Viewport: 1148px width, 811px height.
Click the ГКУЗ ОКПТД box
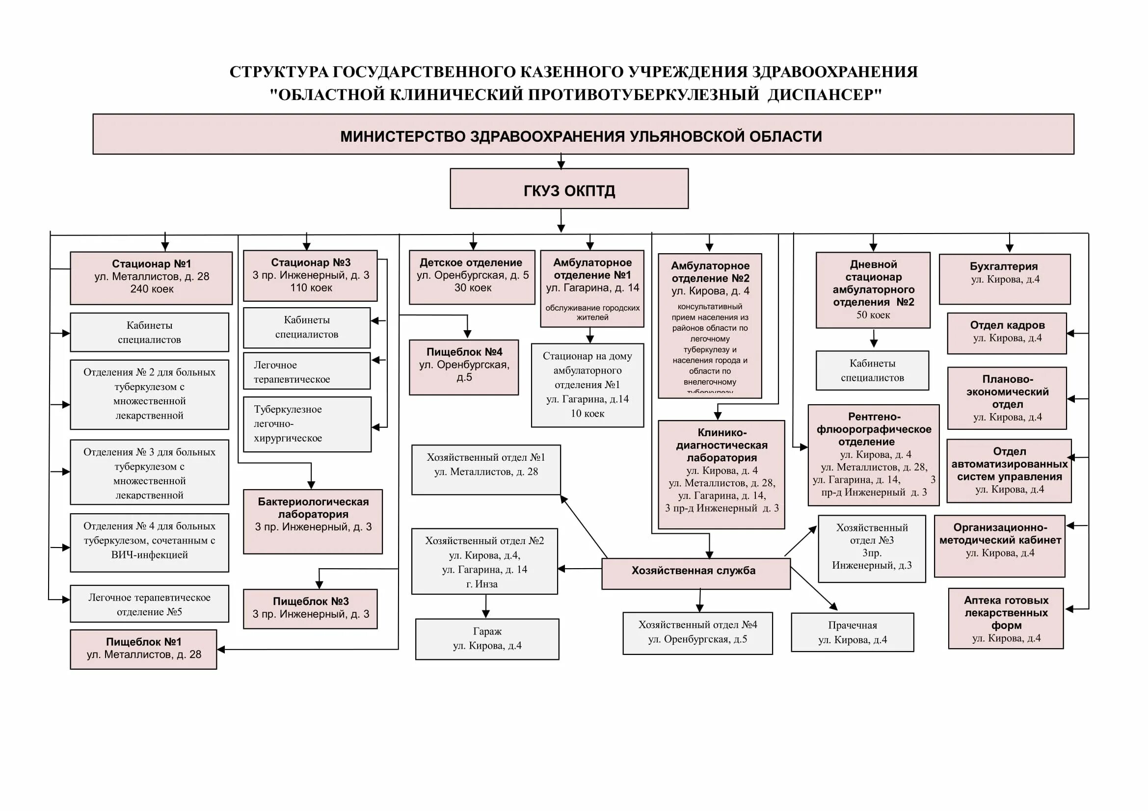pos(568,189)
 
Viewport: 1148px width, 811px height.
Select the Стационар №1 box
pos(151,278)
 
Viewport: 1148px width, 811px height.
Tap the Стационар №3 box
pos(310,275)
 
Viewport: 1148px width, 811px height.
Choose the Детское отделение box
pos(472,277)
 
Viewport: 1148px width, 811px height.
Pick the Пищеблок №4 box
pos(463,367)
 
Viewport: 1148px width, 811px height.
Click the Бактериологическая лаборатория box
pos(313,521)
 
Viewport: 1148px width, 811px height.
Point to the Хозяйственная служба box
pos(695,574)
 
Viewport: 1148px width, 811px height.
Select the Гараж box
pos(487,639)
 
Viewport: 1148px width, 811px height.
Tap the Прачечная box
pos(852,632)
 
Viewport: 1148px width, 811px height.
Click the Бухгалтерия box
pos(1004,279)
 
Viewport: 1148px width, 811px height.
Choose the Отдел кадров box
pos(1007,333)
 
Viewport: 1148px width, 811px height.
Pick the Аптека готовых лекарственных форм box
pos(1006,618)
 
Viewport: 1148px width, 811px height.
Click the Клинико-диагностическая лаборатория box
pos(721,474)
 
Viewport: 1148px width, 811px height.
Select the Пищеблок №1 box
pos(143,649)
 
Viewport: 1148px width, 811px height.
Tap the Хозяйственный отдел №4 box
pos(697,632)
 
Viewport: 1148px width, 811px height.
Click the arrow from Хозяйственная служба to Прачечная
pos(814,589)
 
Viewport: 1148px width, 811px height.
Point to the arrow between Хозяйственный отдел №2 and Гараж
pos(485,606)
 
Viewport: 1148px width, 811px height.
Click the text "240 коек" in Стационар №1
pos(152,289)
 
